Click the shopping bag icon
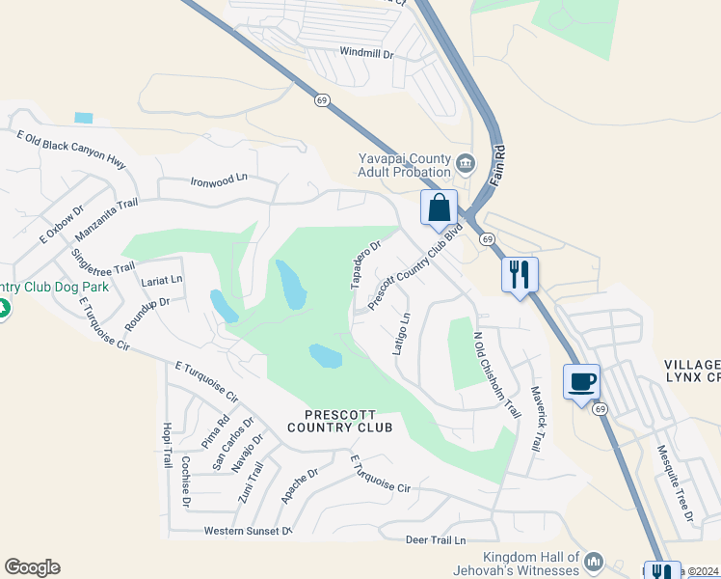click(x=439, y=208)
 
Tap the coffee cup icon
click(x=581, y=382)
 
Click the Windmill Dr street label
click(x=366, y=54)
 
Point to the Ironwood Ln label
click(x=219, y=179)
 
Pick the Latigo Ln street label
click(x=402, y=333)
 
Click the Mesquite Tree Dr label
click(x=676, y=482)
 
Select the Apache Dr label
click(x=299, y=486)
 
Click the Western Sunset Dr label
click(x=248, y=532)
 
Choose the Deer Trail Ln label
click(x=436, y=540)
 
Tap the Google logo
click(x=32, y=567)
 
